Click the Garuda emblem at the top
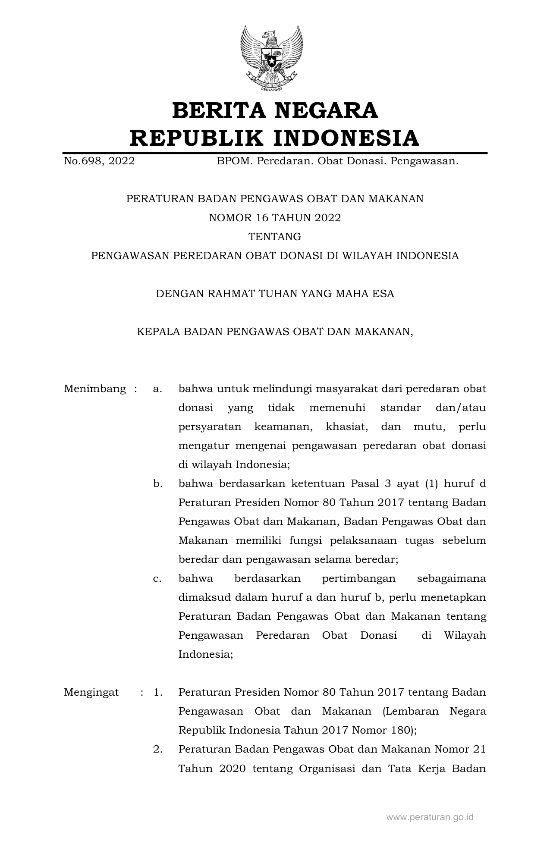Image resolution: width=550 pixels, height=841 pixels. point(271,58)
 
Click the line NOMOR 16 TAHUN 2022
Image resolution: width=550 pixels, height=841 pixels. point(275,218)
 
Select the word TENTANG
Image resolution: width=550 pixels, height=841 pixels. point(275,237)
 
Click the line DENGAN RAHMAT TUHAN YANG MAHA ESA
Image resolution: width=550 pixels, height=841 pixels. point(275,294)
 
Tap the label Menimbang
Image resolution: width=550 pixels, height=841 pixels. point(95,389)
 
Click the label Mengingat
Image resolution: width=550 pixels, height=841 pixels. point(91,692)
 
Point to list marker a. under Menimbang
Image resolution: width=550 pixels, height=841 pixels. point(157,389)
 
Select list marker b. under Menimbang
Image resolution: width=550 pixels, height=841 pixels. point(157,483)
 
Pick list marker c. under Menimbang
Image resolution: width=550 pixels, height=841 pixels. point(157,578)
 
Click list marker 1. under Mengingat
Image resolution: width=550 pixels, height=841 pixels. point(157,692)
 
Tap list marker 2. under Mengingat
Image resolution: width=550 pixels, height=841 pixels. point(157,749)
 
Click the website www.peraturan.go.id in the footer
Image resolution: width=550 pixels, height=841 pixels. point(430,817)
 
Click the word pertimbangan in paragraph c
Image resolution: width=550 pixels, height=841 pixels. point(359,578)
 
